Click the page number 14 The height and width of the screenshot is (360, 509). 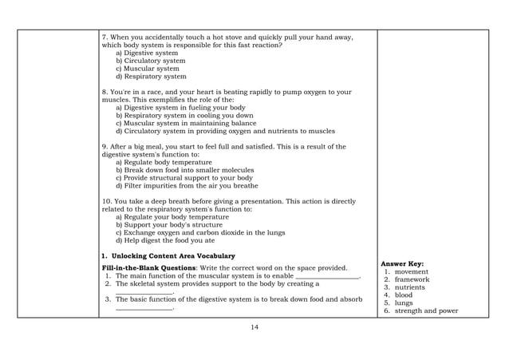254,326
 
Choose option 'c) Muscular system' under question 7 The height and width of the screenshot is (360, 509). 148,69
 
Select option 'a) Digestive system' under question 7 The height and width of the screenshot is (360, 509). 148,53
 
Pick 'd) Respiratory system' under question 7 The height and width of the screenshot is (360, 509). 151,77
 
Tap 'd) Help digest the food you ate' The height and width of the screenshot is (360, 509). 166,239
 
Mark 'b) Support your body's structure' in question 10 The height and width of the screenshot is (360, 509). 172,224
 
